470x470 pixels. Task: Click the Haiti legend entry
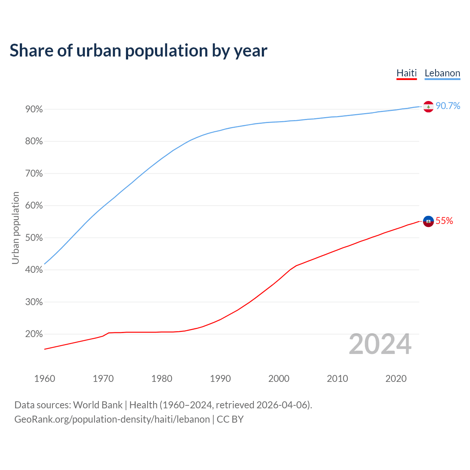point(406,73)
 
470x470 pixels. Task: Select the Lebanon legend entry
point(442,73)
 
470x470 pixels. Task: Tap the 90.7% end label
point(448,106)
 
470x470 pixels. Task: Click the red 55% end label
point(444,221)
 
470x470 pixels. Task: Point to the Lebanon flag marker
point(429,106)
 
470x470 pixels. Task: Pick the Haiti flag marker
point(429,221)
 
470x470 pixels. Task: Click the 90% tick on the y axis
point(34,109)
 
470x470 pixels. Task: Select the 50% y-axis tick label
point(34,238)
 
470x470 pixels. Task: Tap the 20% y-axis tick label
point(34,334)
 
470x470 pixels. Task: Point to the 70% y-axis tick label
point(34,174)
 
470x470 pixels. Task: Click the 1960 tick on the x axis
point(45,379)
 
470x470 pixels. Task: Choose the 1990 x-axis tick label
point(220,379)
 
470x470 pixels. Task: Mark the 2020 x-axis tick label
point(396,379)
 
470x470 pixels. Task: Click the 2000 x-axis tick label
point(279,379)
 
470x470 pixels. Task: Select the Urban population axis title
point(15,228)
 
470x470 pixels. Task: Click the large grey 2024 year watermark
point(380,344)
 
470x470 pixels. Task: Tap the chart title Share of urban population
point(138,50)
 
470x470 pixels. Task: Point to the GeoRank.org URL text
point(112,419)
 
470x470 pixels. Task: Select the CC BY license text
point(230,419)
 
